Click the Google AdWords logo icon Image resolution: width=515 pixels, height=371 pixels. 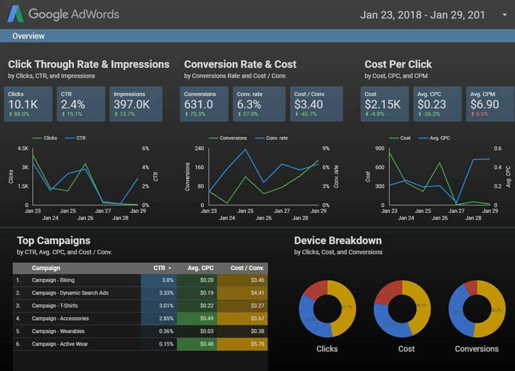(x=15, y=14)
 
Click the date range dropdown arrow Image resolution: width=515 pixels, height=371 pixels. (x=504, y=15)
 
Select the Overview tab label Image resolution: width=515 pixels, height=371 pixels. (x=28, y=36)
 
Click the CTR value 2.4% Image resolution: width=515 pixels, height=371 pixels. (x=73, y=104)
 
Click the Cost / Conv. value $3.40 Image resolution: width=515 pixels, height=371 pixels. (x=308, y=104)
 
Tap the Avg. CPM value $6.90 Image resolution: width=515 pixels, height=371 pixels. (x=485, y=104)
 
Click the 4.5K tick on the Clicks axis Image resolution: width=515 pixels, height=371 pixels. (x=23, y=148)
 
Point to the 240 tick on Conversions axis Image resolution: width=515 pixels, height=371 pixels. (x=200, y=148)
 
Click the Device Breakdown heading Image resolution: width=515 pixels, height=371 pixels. (x=337, y=241)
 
